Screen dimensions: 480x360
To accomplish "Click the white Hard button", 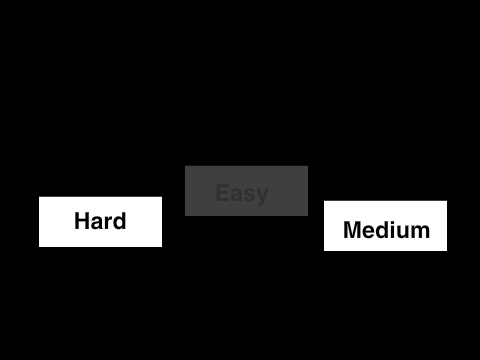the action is [x=100, y=222].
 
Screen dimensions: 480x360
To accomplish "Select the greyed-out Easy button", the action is [x=246, y=191].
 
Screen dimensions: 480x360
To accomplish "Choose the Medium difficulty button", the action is [x=385, y=226].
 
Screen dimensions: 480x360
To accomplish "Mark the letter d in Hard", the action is [x=120, y=221].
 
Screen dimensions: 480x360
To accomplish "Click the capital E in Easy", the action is [x=222, y=193].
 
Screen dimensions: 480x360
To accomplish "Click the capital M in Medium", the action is [x=352, y=230].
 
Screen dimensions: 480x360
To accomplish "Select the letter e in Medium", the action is [x=369, y=232].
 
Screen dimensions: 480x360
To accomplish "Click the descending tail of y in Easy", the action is [x=260, y=204].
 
